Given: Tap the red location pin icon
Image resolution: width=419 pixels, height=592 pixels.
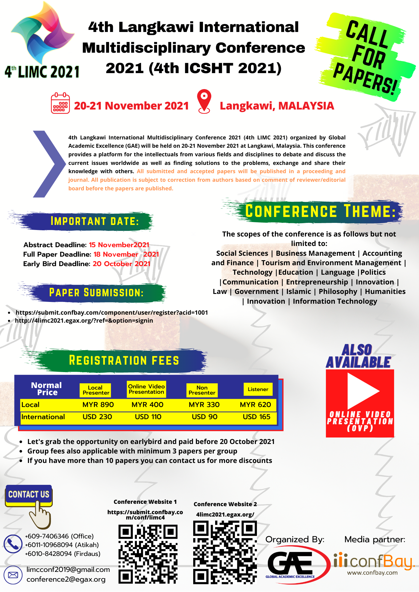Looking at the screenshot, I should (x=204, y=101).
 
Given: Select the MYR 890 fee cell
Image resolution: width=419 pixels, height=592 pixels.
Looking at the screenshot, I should (x=98, y=405).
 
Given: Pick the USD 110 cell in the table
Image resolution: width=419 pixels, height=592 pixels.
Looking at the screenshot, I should (x=148, y=417).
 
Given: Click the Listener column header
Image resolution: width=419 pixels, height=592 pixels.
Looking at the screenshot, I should (x=258, y=389).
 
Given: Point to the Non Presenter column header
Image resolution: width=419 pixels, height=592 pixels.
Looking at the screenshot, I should (x=202, y=390).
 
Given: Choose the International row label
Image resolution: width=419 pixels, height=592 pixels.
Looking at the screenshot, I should (x=43, y=417).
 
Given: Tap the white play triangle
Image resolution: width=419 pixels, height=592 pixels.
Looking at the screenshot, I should (x=362, y=391).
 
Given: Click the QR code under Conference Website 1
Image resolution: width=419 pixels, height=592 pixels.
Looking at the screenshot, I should (x=148, y=554).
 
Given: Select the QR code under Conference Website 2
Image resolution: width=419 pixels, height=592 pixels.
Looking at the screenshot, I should (x=225, y=552).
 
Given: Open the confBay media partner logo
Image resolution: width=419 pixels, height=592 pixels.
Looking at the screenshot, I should (x=374, y=564).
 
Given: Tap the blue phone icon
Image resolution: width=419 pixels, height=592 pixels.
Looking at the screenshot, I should (x=13, y=544).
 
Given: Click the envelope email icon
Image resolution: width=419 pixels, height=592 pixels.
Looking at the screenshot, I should (x=13, y=575).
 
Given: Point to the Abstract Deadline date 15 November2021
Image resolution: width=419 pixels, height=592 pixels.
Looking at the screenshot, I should (x=119, y=245).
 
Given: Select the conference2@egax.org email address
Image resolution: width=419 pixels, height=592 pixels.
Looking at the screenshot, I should (x=66, y=579).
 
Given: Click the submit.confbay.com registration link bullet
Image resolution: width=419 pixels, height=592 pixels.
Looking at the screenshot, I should (x=112, y=313).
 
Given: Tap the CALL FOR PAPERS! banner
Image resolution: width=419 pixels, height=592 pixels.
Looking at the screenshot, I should (x=367, y=56).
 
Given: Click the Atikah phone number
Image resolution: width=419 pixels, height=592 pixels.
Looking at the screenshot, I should (x=62, y=545).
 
